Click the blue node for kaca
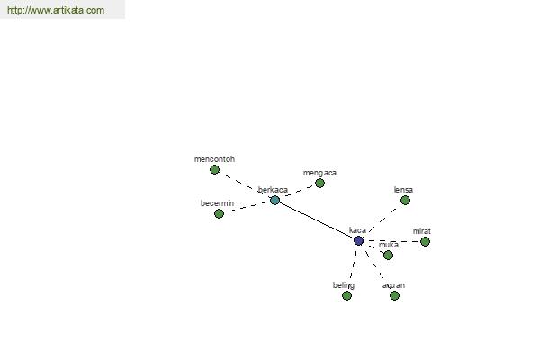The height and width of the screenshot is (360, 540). tap(358, 241)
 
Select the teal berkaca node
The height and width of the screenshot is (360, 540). tap(274, 200)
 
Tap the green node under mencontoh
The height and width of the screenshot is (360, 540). tap(214, 169)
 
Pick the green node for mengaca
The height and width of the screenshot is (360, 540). tap(319, 184)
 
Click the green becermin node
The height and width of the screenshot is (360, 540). tap(219, 214)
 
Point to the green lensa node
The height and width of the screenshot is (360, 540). tap(405, 200)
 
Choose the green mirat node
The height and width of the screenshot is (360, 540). tap(426, 241)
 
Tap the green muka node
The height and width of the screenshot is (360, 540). tap(388, 255)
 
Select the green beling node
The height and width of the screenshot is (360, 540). tap(346, 295)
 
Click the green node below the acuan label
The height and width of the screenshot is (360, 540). tap(395, 295)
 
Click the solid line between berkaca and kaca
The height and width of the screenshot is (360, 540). tap(317, 220)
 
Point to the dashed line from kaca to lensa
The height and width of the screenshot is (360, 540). tap(382, 220)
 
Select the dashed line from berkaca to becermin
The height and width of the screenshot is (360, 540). tap(247, 207)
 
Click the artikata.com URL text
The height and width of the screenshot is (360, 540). tap(56, 10)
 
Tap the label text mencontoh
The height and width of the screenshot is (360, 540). tap(214, 159)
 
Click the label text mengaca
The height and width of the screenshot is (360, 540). tap(319, 173)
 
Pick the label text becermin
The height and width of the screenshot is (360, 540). tap(217, 203)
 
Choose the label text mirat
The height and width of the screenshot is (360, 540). tap(422, 231)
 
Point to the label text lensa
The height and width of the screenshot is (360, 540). tap(403, 190)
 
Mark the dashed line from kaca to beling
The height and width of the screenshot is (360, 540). tap(353, 266)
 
